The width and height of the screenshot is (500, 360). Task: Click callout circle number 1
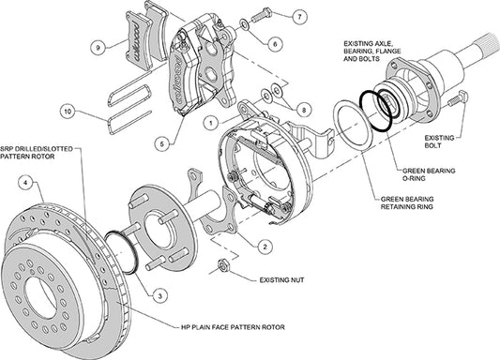213,121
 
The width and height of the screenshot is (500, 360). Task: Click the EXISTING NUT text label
262,278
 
